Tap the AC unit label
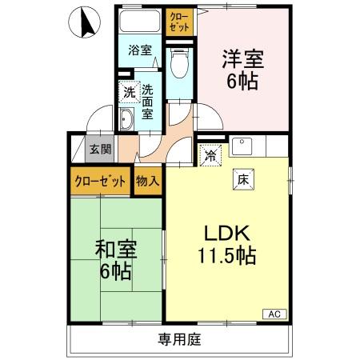tap(274, 314)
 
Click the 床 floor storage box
tap(242, 180)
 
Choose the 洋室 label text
tap(241, 59)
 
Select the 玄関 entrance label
tap(100, 149)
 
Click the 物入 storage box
tap(147, 181)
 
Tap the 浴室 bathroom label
tap(141, 50)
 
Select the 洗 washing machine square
tap(129, 92)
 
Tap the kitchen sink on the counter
tap(241, 146)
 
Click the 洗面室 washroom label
tap(148, 101)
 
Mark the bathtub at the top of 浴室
tap(141, 22)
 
